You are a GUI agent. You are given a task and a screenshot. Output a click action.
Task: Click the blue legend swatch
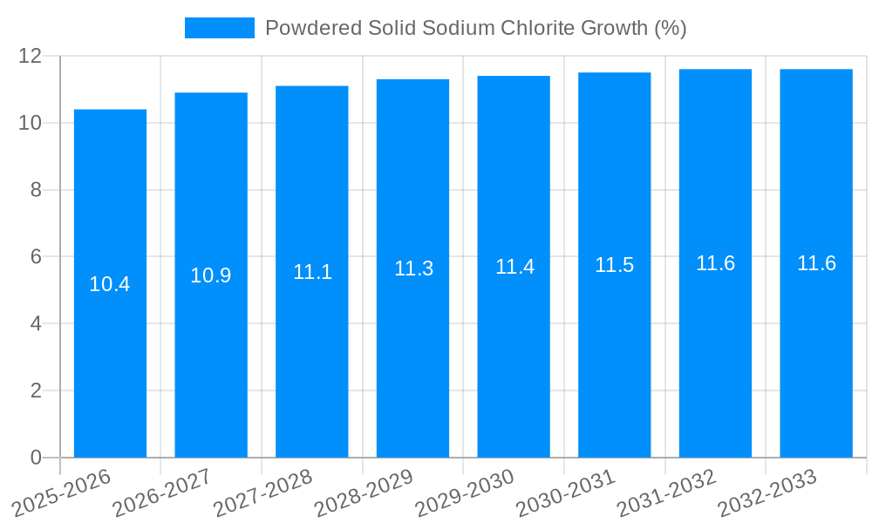[219, 28]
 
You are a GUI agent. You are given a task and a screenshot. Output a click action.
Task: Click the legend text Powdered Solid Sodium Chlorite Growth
[475, 28]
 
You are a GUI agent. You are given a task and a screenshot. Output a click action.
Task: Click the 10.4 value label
[110, 284]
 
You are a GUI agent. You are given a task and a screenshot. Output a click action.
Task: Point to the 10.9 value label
[211, 275]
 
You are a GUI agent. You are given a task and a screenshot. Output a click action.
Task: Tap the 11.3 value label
[413, 268]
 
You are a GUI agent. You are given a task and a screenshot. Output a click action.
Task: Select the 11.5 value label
[615, 265]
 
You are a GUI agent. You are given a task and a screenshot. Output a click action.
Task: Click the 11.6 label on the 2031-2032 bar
[715, 263]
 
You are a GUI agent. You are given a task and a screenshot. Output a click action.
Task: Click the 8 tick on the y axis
[36, 190]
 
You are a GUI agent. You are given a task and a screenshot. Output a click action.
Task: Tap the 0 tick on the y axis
[36, 458]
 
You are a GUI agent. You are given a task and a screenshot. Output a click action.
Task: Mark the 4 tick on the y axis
[36, 323]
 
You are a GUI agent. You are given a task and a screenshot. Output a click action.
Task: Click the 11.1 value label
[312, 272]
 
